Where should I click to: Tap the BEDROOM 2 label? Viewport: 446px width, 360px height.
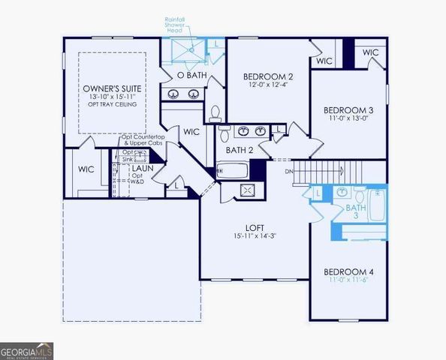(268, 76)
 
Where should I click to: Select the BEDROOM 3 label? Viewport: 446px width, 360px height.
(349, 107)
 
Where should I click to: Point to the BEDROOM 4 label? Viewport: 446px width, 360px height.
(349, 271)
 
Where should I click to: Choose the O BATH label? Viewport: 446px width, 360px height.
(191, 76)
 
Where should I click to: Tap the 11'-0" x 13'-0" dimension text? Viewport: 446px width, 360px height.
(349, 117)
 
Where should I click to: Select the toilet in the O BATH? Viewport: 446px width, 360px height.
(215, 112)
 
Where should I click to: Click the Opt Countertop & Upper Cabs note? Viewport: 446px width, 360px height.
(141, 142)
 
